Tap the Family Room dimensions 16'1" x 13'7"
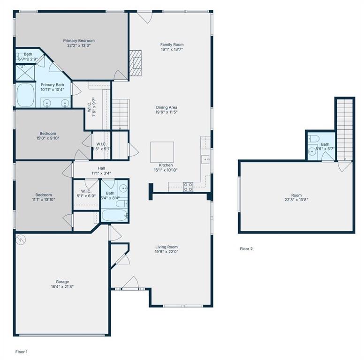(172, 49)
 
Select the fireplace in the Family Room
(136, 63)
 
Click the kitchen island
(162, 152)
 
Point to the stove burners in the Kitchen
(188, 187)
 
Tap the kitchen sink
(205, 159)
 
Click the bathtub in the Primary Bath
(25, 96)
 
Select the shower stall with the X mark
(23, 73)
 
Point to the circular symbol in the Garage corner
(21, 240)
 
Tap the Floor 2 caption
(246, 249)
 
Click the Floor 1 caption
(22, 351)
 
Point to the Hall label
(101, 168)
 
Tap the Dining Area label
(167, 107)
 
